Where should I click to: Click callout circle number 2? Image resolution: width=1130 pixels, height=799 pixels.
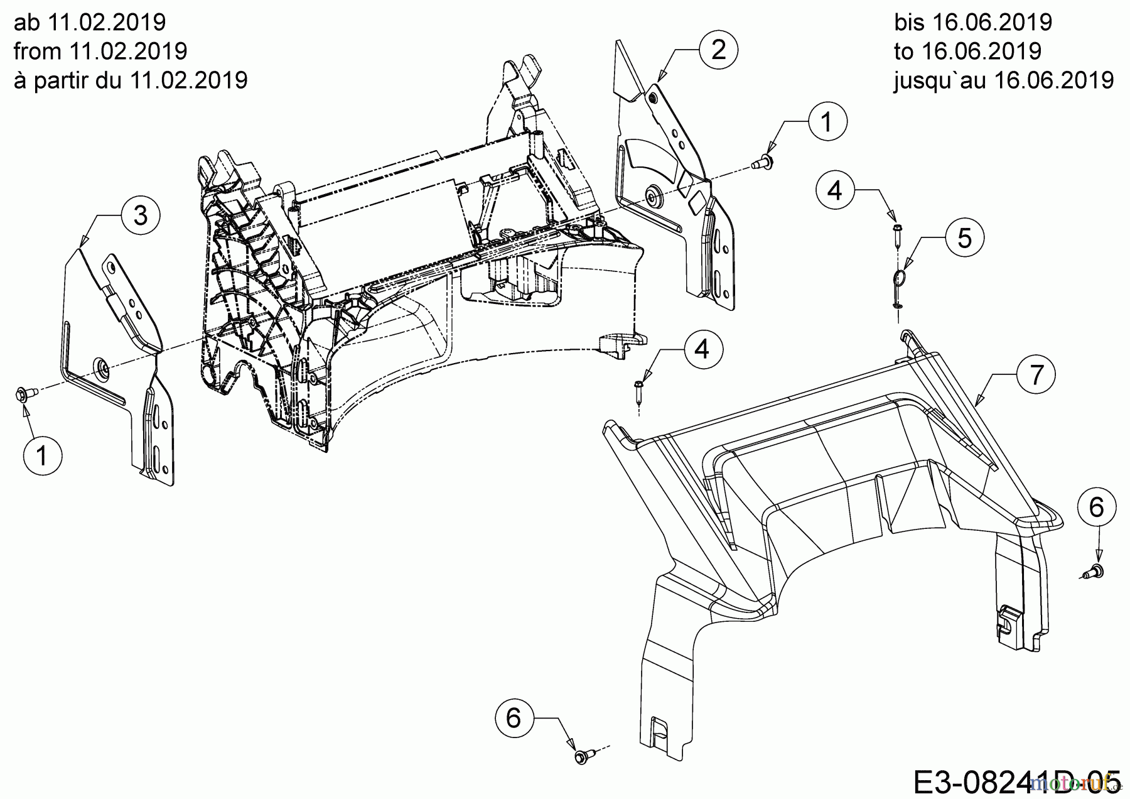pos(718,50)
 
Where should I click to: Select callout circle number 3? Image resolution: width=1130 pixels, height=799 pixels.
pos(141,215)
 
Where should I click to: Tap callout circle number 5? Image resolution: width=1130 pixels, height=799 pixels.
pos(965,238)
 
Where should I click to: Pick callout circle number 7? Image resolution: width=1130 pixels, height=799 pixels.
pos(1036,375)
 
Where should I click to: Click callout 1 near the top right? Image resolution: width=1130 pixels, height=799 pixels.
pos(827,122)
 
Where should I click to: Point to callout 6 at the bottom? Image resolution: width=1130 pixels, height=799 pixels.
pos(514,717)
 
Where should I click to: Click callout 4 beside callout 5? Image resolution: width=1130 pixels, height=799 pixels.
pos(835,190)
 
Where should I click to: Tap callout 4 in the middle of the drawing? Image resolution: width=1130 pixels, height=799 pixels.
pos(702,349)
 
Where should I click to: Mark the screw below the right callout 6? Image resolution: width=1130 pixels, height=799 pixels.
pos(1096,571)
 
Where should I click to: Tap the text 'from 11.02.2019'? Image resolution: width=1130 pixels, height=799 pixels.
pos(100,51)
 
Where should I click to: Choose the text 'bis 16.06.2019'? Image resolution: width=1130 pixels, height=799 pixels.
pos(973,22)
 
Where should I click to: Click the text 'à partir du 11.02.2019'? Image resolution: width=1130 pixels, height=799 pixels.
pos(131,80)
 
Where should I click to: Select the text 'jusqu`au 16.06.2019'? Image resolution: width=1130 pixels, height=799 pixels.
pos(1004,80)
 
